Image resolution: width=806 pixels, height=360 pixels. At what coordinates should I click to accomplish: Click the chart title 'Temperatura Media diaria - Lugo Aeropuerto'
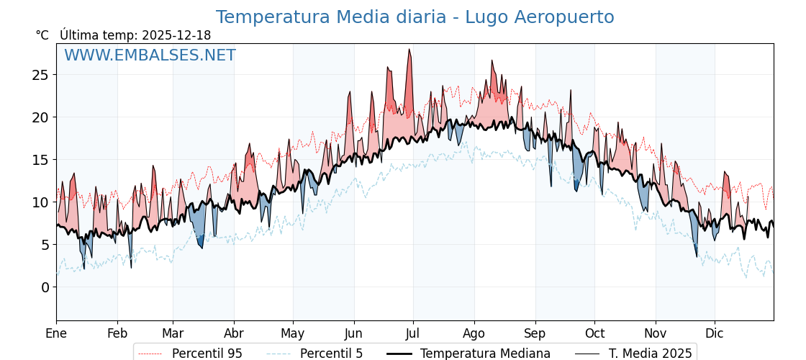click(x=415, y=17)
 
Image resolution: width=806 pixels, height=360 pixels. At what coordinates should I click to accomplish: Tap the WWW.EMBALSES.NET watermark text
click(x=150, y=55)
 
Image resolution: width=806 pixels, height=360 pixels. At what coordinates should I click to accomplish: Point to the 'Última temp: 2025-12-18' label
click(x=135, y=35)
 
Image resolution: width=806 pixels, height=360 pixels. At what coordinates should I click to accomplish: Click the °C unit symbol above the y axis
click(x=42, y=35)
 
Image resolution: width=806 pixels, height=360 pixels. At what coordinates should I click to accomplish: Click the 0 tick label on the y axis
click(x=45, y=287)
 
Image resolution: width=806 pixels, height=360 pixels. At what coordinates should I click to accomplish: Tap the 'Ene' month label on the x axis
click(x=56, y=333)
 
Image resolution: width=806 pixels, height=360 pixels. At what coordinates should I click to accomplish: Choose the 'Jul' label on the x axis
click(x=413, y=333)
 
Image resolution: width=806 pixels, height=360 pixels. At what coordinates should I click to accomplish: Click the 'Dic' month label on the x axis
click(x=715, y=333)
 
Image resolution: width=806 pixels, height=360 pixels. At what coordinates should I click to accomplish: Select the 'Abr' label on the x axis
click(x=234, y=333)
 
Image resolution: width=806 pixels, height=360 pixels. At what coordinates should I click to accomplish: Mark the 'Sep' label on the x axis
click(x=535, y=333)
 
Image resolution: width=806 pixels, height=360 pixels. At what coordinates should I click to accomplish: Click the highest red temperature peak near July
click(x=409, y=50)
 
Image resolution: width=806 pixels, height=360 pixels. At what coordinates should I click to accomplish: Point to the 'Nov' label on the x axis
click(x=656, y=333)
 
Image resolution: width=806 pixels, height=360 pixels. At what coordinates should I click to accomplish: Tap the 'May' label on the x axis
click(x=293, y=333)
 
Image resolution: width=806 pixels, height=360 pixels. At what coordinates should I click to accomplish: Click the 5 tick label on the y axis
click(x=45, y=245)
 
